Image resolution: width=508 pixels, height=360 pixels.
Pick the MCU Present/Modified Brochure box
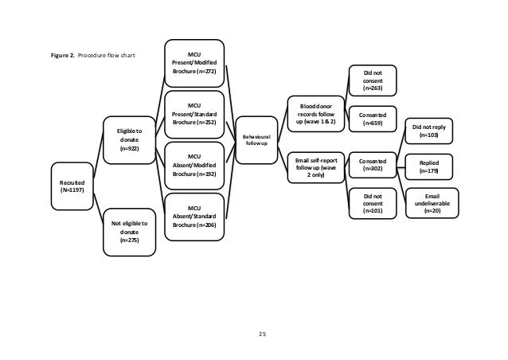(x=194, y=63)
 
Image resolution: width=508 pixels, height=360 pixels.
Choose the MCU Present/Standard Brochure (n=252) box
(x=194, y=114)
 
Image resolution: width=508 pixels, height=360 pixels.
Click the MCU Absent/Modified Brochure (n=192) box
(x=194, y=165)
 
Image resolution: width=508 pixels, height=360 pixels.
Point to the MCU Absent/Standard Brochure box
(x=194, y=216)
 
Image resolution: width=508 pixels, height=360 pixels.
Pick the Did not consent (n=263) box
(x=373, y=81)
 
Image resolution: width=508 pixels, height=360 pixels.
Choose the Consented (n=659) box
(x=373, y=120)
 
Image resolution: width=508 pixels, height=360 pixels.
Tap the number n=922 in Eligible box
(x=127, y=148)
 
